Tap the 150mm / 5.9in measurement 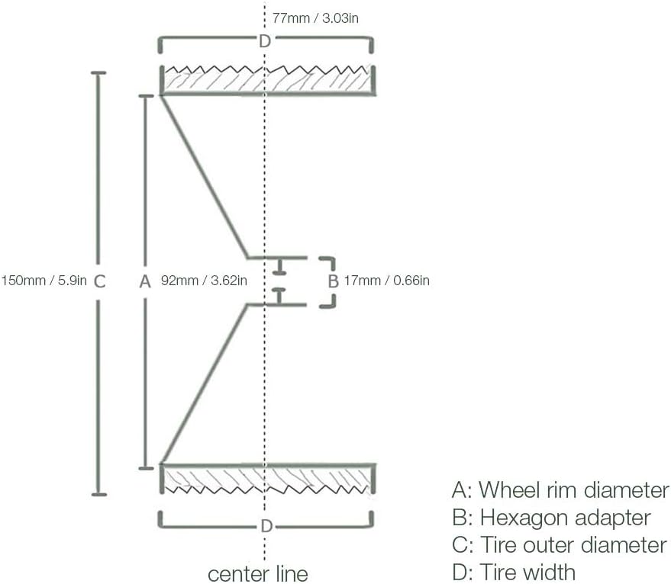pyautogui.click(x=44, y=281)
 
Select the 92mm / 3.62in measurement pyautogui.click(x=204, y=281)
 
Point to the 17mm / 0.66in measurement pyautogui.click(x=386, y=281)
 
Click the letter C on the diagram pyautogui.click(x=98, y=281)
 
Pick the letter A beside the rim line pyautogui.click(x=145, y=281)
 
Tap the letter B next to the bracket pyautogui.click(x=333, y=281)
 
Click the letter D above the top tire pyautogui.click(x=264, y=41)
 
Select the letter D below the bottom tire pyautogui.click(x=266, y=526)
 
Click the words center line pyautogui.click(x=258, y=572)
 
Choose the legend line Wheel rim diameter pyautogui.click(x=560, y=489)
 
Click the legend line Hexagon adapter pyautogui.click(x=551, y=518)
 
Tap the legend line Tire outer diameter pyautogui.click(x=560, y=545)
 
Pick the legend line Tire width pyautogui.click(x=514, y=572)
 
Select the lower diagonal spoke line pyautogui.click(x=203, y=384)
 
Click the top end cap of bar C pyautogui.click(x=98, y=73)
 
